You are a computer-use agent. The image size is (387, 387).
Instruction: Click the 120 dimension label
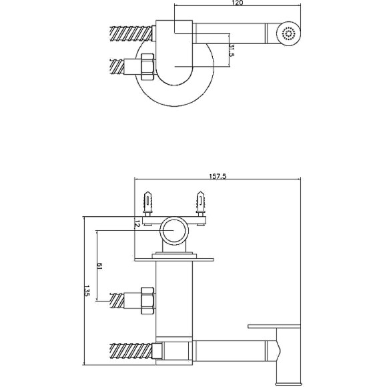click(x=238, y=3)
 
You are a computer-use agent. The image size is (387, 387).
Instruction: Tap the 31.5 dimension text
click(x=232, y=50)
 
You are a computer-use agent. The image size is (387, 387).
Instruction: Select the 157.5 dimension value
click(x=218, y=176)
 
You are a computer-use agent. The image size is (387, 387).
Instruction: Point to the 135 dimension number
click(x=86, y=290)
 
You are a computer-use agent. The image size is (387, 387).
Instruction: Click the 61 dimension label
click(x=99, y=266)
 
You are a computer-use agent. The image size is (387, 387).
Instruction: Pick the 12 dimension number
click(x=137, y=224)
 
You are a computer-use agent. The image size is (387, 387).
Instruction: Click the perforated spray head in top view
click(x=288, y=33)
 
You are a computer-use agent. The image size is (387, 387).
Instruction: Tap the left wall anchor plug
click(x=147, y=204)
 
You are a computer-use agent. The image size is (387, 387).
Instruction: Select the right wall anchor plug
click(x=200, y=204)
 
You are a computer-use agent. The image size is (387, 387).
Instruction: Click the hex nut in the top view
click(x=147, y=67)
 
